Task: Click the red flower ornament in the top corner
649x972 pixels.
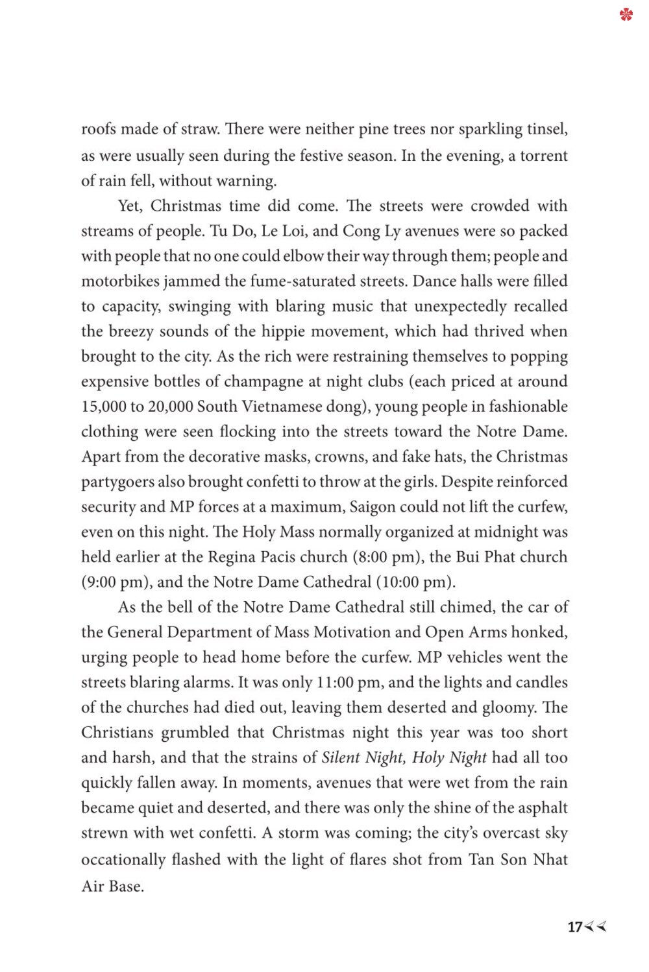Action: click(626, 14)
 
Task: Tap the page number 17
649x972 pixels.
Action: click(575, 927)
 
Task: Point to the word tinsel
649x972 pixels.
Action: click(548, 129)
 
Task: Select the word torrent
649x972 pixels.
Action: click(540, 156)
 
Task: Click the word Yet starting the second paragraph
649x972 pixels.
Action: click(130, 206)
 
